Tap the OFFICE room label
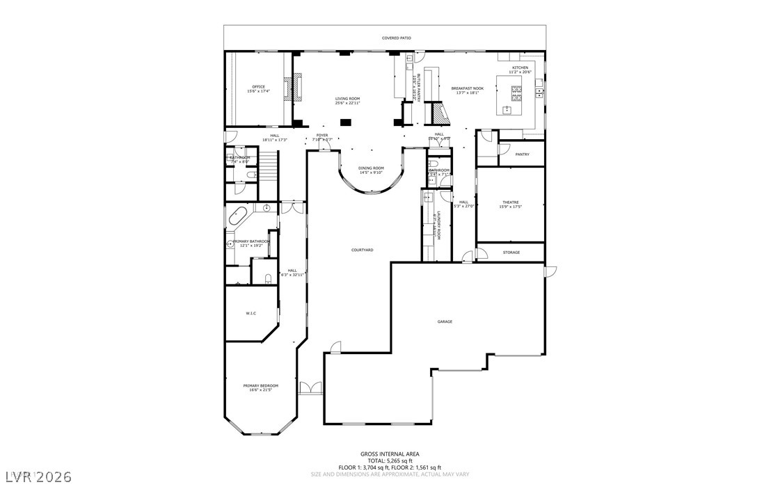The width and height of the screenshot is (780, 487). (x=258, y=87)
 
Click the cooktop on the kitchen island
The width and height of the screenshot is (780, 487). (x=517, y=90)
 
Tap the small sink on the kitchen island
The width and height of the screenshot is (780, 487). (x=507, y=109)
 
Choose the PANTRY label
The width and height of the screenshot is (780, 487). (x=522, y=154)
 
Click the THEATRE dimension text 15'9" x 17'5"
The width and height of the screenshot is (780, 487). (x=511, y=207)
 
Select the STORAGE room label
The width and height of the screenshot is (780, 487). (x=511, y=253)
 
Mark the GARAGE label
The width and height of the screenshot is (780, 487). (x=445, y=321)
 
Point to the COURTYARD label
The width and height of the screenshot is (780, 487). (x=362, y=250)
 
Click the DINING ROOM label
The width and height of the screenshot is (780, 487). (x=371, y=168)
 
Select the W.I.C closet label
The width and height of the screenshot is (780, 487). (x=250, y=314)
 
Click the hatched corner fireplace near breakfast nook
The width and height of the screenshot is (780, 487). (x=436, y=113)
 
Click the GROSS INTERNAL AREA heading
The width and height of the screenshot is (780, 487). (x=390, y=454)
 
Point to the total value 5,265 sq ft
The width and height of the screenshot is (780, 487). (x=401, y=461)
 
